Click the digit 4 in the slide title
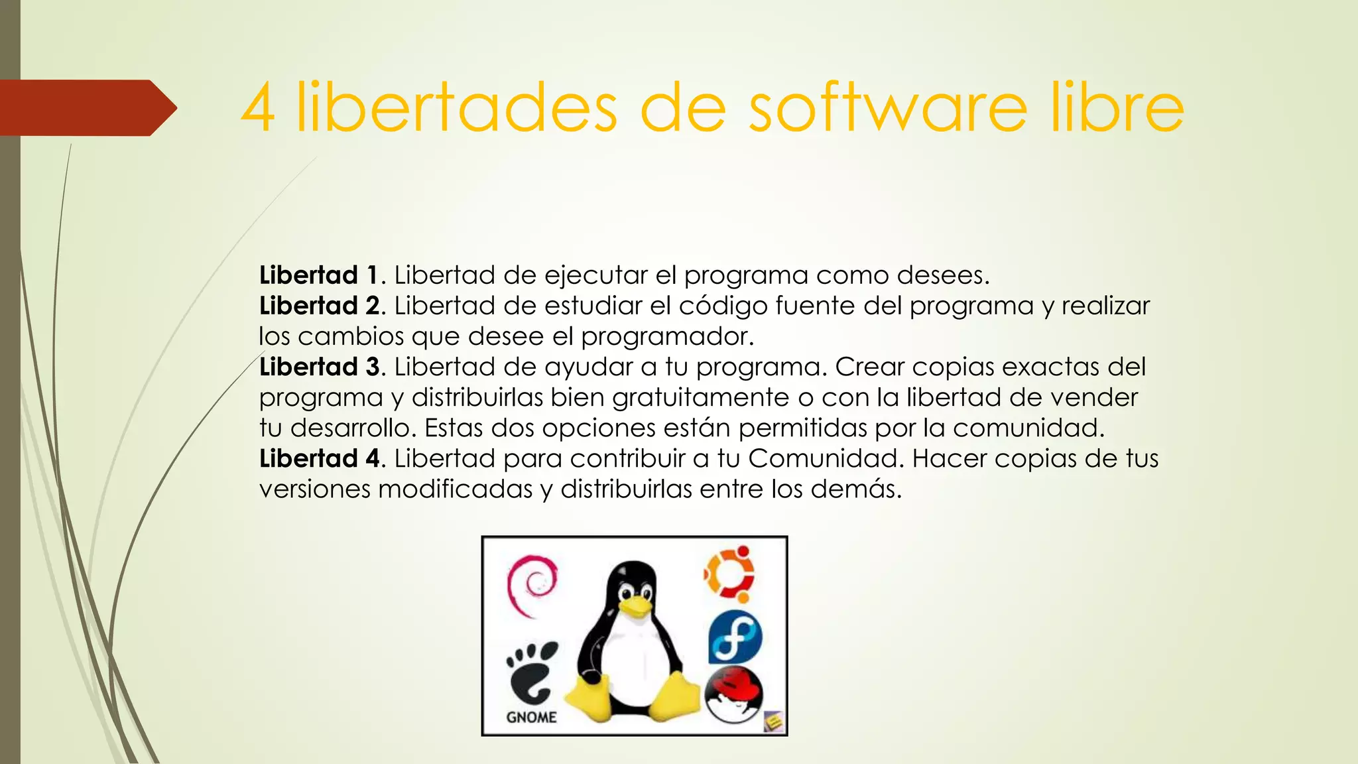point(258,108)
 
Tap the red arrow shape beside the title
point(86,107)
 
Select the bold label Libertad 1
point(318,275)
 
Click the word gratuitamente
point(702,397)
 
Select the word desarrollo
point(353,428)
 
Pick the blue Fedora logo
point(735,637)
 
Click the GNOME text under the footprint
point(531,717)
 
